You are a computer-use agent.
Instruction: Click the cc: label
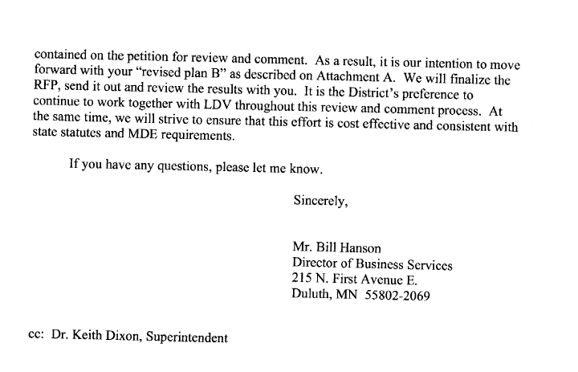(37, 337)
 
